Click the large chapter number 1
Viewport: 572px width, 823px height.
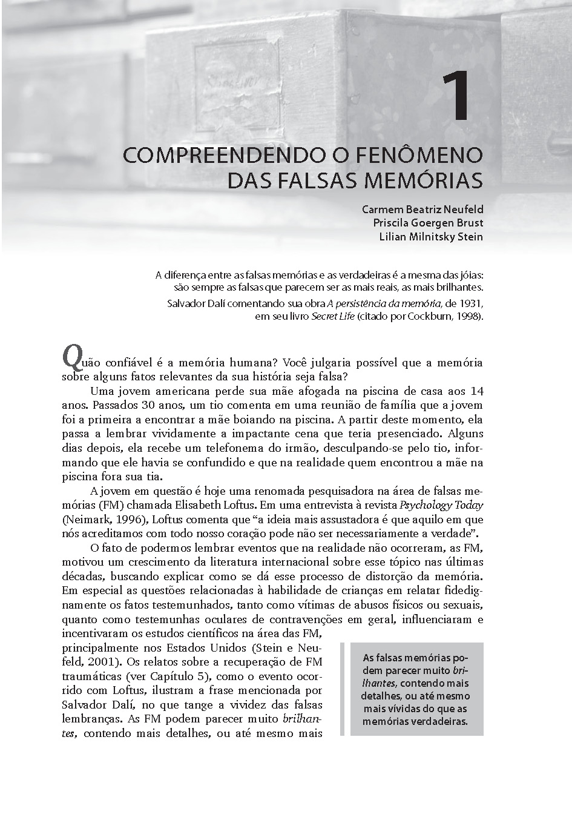coord(456,97)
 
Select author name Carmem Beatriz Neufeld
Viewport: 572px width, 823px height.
coord(422,210)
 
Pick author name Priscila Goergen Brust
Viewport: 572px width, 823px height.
coord(428,223)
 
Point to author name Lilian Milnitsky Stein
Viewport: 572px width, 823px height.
coord(431,237)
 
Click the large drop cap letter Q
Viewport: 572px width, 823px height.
coord(71,358)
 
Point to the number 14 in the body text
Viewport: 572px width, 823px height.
coord(476,391)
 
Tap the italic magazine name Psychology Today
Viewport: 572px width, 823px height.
coord(441,505)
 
